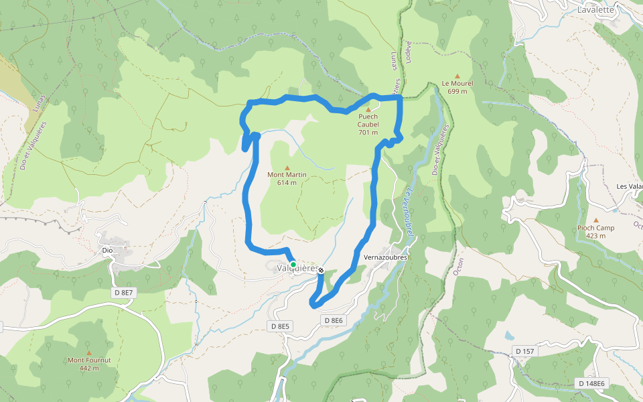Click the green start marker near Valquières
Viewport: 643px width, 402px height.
[x=293, y=265]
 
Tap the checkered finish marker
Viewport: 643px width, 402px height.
[x=321, y=270]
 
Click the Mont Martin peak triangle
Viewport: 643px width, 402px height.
[x=287, y=167]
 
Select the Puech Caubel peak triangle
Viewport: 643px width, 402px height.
[x=368, y=109]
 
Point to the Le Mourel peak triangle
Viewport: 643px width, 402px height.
[x=457, y=76]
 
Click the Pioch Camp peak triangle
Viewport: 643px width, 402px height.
[x=596, y=220]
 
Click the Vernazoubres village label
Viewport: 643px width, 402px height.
[x=385, y=257]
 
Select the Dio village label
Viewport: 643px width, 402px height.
[x=106, y=251]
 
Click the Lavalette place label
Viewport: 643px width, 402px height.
[x=595, y=9]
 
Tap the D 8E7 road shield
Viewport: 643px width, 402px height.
[x=124, y=292]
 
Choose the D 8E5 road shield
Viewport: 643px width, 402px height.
[x=280, y=326]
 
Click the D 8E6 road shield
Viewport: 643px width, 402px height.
[x=334, y=321]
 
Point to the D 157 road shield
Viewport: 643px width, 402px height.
[x=524, y=351]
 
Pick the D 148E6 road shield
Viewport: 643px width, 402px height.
[x=591, y=383]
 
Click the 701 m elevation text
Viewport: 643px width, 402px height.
[x=368, y=132]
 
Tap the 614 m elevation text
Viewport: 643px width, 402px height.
[x=287, y=182]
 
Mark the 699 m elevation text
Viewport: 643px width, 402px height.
[x=457, y=91]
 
